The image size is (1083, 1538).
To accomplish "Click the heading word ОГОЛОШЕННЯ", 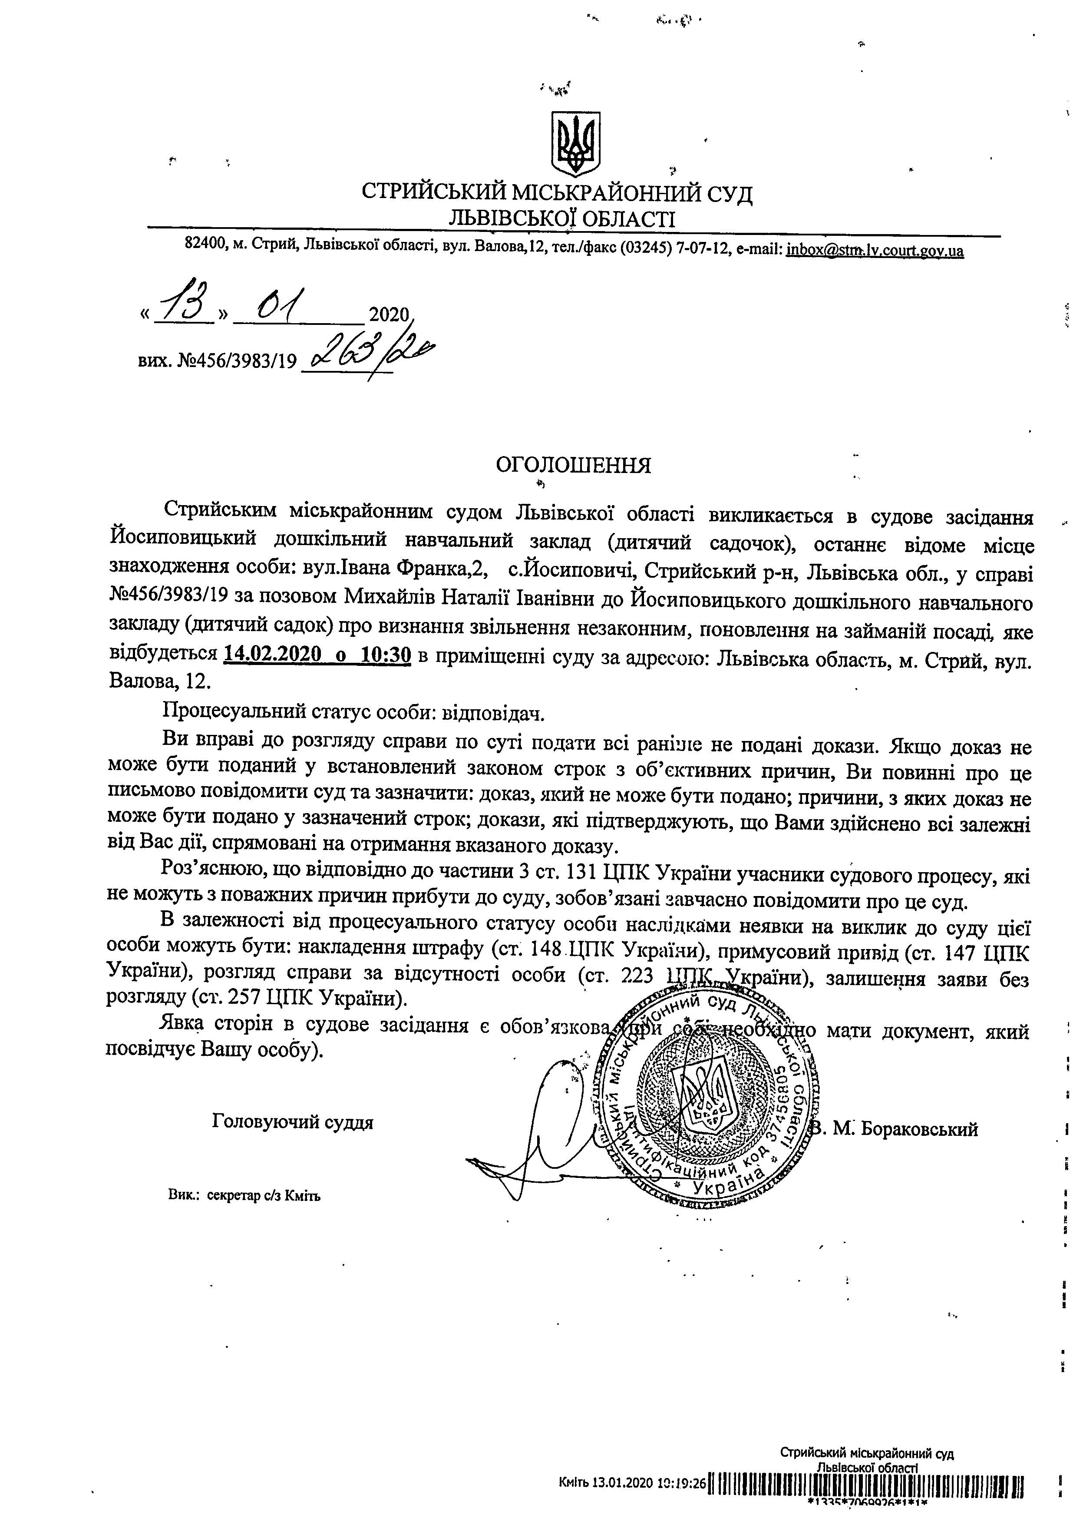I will tap(573, 465).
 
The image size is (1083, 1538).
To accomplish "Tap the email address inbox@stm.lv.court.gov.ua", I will tap(875, 251).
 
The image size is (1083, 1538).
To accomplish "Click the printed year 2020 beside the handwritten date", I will tap(389, 315).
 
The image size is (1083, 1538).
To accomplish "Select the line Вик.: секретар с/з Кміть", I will tap(244, 1196).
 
